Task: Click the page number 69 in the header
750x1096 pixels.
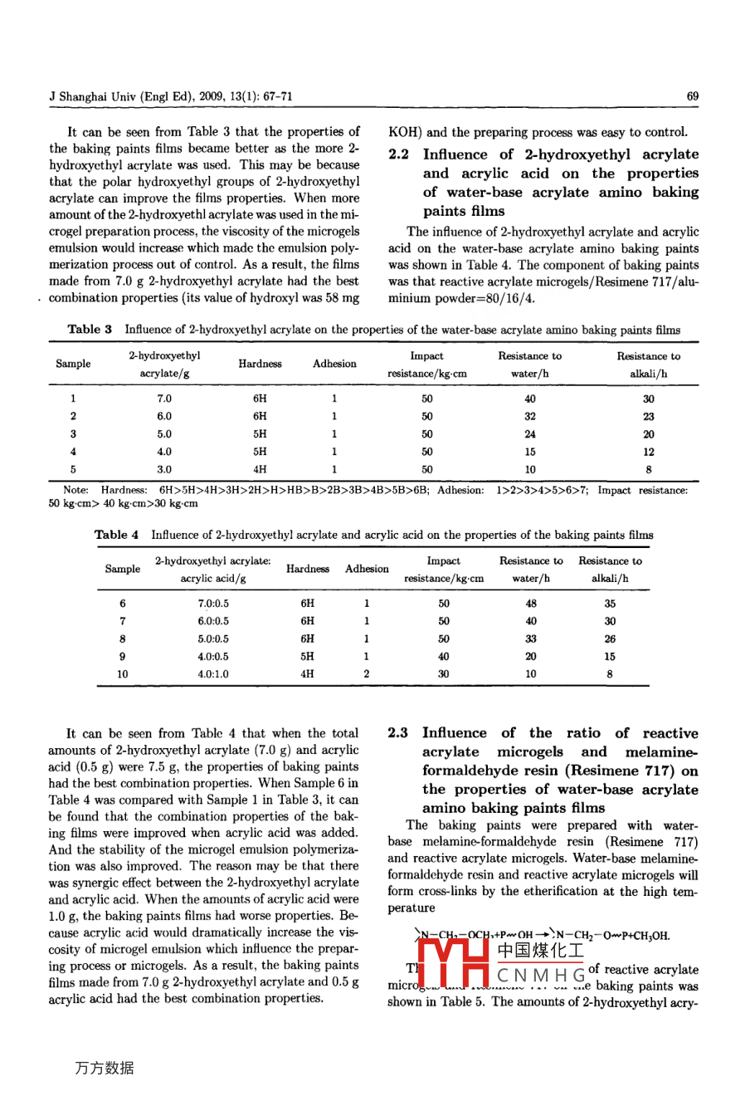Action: pos(693,96)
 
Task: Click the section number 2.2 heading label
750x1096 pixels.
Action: pos(397,154)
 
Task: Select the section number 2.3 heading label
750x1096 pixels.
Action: pos(398,733)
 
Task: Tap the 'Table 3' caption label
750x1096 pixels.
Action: pos(90,330)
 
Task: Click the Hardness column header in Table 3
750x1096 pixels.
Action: pos(260,364)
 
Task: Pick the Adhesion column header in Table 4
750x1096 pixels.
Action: pos(367,569)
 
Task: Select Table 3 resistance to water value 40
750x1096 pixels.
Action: pos(530,399)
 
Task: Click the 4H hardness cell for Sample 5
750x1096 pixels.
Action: pos(260,469)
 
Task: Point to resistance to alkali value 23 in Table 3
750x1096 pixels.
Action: pos(649,417)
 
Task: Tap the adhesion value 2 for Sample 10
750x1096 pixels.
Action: pos(367,674)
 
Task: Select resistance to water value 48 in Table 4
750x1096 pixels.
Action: pos(531,604)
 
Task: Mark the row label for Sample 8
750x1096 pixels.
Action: pos(123,639)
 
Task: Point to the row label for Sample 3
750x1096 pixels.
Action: pos(73,434)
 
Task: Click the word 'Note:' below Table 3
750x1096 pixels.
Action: pos(75,491)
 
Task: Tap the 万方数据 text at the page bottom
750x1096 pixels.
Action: pos(104,1068)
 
